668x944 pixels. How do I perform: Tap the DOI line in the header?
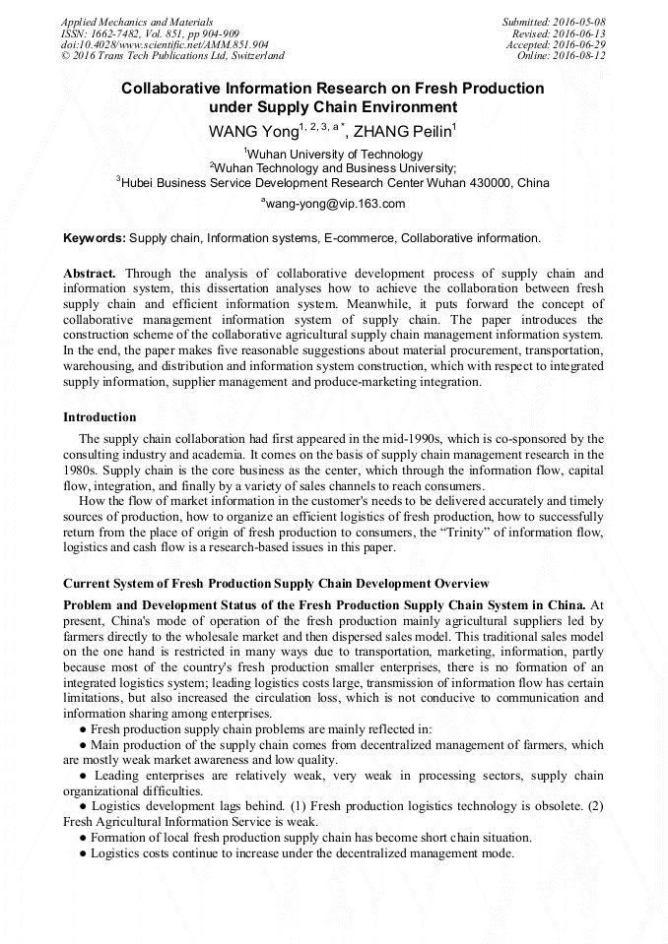(x=165, y=45)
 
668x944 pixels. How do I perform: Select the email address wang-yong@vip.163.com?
(x=335, y=204)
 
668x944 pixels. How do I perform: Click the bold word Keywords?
(x=95, y=238)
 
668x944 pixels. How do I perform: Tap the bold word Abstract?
(x=90, y=273)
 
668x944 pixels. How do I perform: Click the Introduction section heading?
(x=100, y=417)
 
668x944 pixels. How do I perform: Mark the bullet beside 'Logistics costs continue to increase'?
(x=84, y=853)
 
